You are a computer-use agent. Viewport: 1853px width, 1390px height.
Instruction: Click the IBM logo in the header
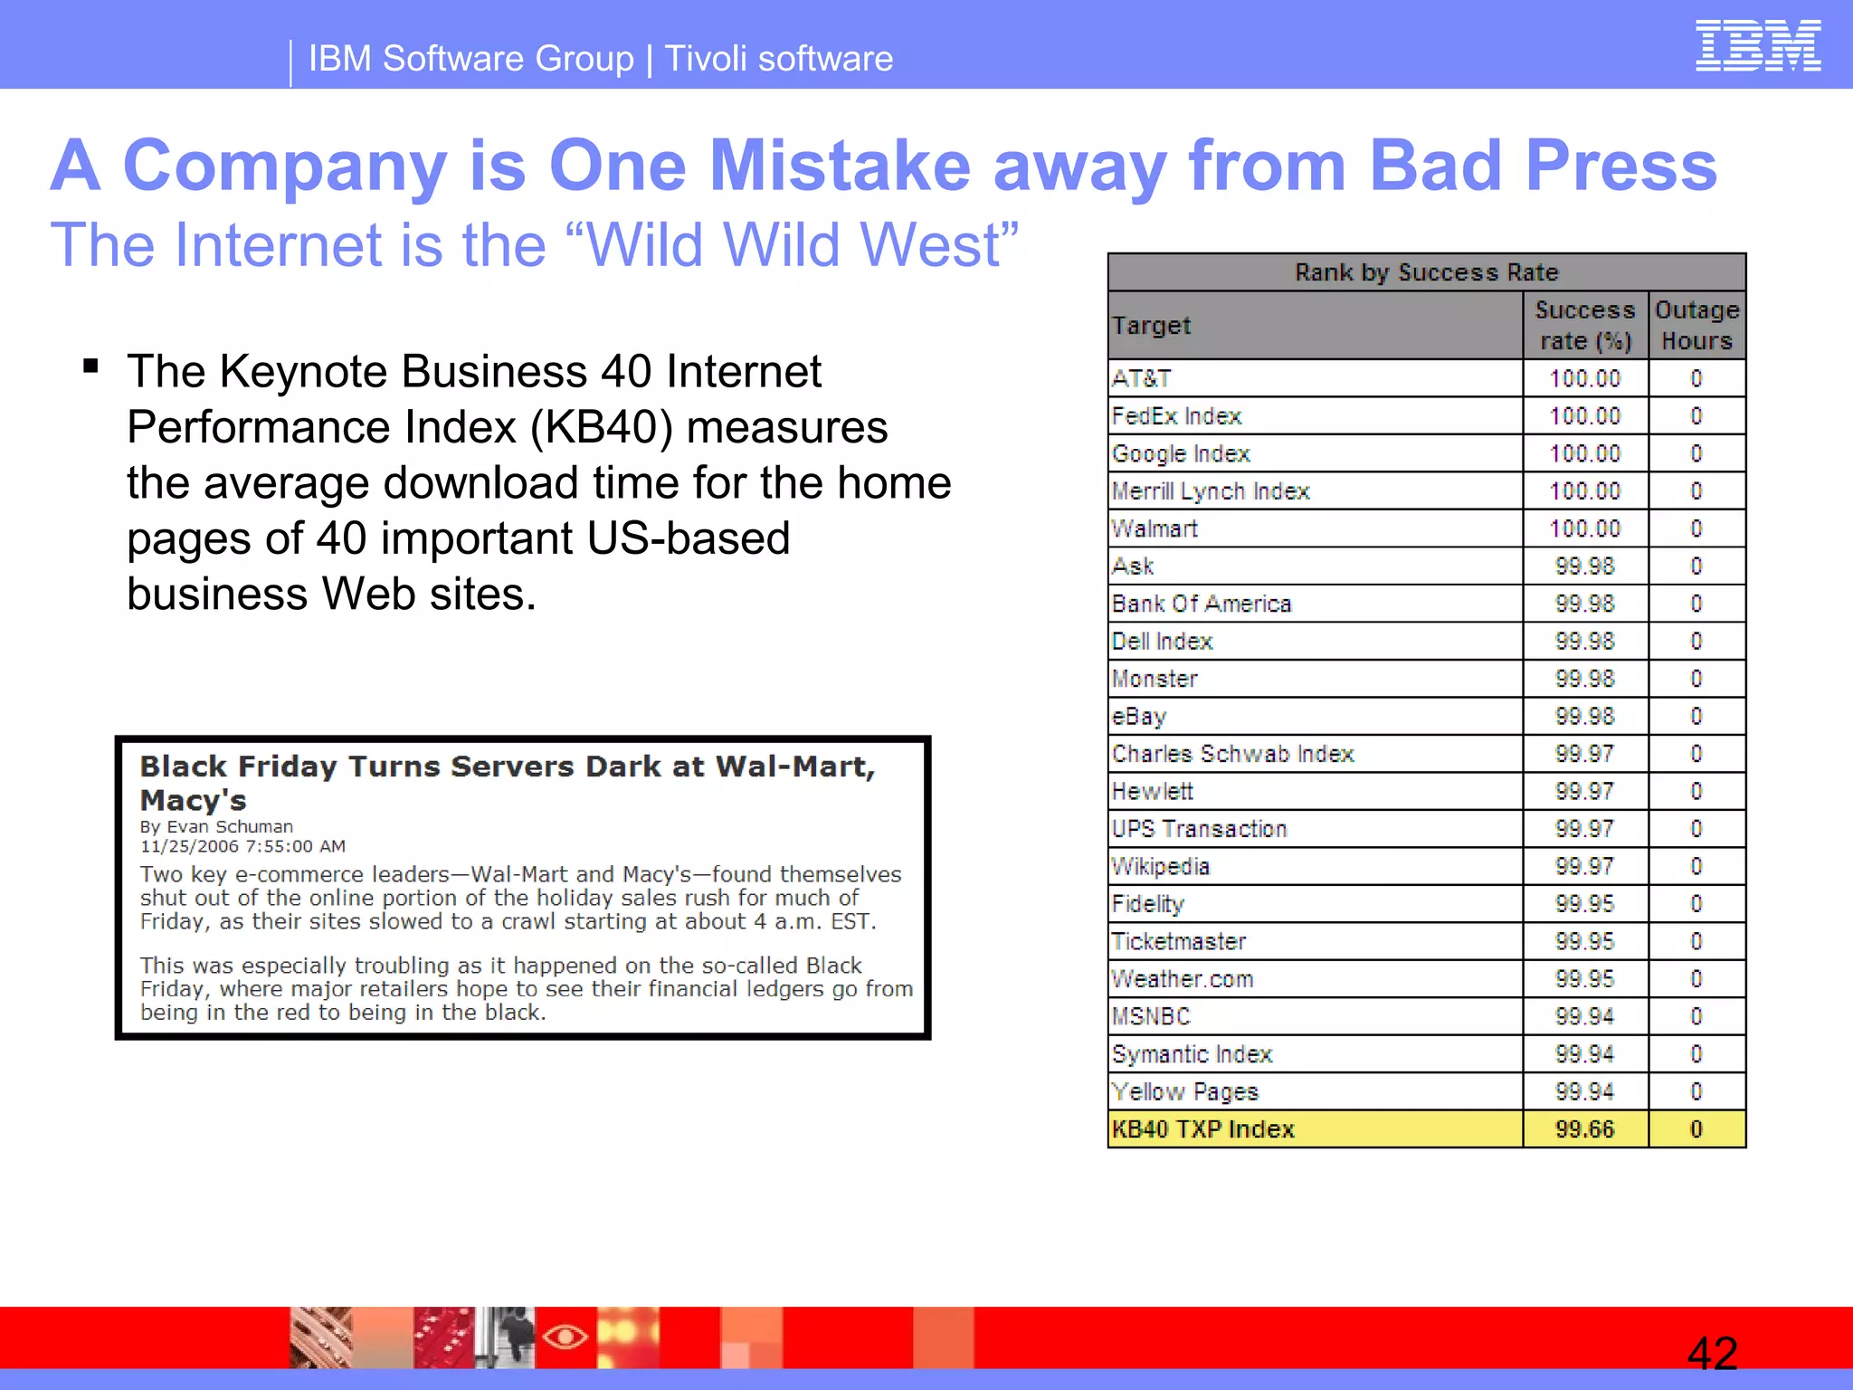coord(1757,46)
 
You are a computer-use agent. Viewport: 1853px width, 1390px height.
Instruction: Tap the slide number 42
coord(1712,1354)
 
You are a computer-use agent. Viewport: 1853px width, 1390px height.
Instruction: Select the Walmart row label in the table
coord(1155,528)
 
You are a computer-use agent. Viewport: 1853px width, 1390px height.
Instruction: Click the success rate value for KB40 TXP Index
coord(1584,1129)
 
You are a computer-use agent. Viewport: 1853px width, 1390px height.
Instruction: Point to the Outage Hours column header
coord(1696,325)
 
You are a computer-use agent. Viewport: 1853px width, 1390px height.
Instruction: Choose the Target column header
coord(1151,325)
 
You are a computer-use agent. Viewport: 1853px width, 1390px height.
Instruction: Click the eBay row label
coord(1139,717)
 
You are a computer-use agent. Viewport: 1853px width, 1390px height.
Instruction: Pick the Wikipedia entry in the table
coord(1161,867)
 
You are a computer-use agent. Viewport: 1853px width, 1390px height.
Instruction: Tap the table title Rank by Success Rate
coord(1426,272)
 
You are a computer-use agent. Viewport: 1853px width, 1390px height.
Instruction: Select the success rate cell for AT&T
coord(1584,378)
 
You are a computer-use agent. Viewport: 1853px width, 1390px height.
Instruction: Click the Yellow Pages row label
coord(1185,1092)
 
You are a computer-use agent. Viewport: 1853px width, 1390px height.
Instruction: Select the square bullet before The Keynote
coord(90,367)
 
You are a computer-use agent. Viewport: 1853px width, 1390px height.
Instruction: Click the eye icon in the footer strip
coord(565,1336)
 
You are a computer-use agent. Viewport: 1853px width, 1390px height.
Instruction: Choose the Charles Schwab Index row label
coord(1232,754)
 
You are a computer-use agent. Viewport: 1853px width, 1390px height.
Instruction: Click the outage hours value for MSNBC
coord(1696,1017)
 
